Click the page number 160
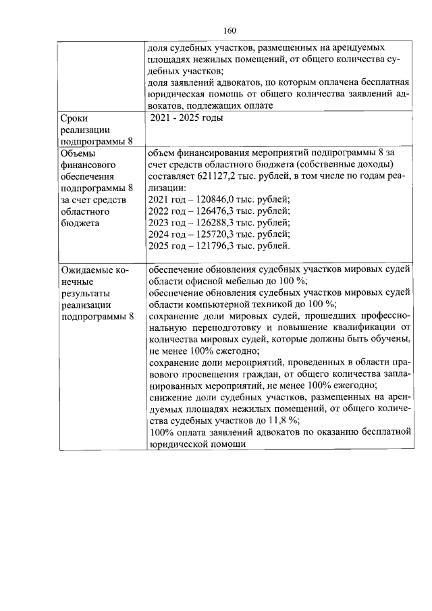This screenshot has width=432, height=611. pyautogui.click(x=230, y=30)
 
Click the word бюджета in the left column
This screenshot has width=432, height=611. pyautogui.click(x=79, y=222)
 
